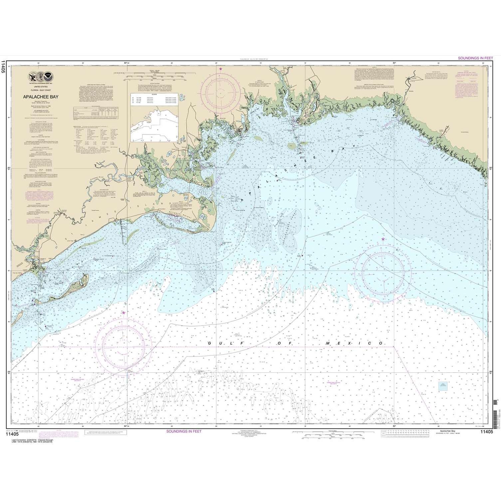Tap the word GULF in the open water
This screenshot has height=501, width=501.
point(225,343)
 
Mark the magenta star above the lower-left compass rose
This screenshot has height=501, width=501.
point(124,313)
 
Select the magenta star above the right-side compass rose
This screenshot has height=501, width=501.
point(383,239)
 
